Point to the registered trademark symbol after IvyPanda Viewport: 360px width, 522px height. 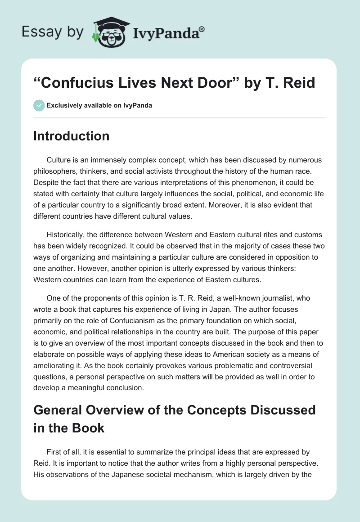(202, 29)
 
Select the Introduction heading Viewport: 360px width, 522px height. (71, 136)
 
